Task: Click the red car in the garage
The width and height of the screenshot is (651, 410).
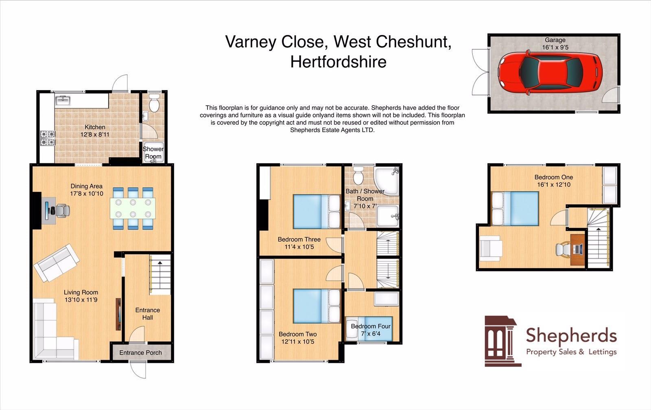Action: click(x=550, y=72)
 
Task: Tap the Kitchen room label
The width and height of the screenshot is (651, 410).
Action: click(x=95, y=127)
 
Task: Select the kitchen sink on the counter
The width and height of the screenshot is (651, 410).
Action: click(x=63, y=100)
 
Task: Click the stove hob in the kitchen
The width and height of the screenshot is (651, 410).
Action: click(x=47, y=138)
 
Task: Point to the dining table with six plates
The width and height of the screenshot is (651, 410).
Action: click(x=133, y=208)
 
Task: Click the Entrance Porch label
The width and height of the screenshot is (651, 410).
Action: click(x=140, y=353)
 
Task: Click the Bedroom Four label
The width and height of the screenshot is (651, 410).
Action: click(x=371, y=326)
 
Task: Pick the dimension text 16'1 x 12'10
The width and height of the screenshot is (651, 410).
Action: click(x=553, y=184)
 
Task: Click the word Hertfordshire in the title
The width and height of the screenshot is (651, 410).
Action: click(x=338, y=62)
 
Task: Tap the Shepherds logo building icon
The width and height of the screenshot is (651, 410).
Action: click(x=501, y=341)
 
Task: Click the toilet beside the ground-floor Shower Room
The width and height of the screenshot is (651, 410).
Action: click(x=154, y=104)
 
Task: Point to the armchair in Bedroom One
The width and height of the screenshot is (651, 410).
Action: click(x=491, y=248)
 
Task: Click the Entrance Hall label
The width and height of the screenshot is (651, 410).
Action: click(x=147, y=314)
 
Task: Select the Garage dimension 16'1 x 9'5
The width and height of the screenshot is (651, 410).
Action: click(x=555, y=47)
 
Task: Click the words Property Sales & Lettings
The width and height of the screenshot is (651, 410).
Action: click(x=571, y=352)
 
